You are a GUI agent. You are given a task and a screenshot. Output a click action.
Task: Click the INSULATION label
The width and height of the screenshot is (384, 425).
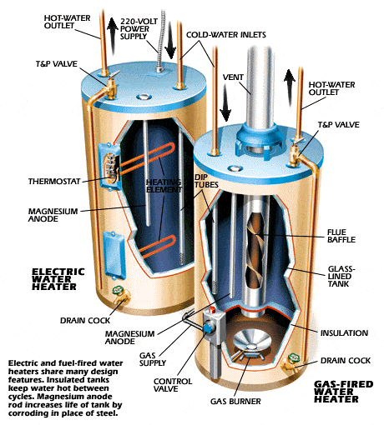344,332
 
